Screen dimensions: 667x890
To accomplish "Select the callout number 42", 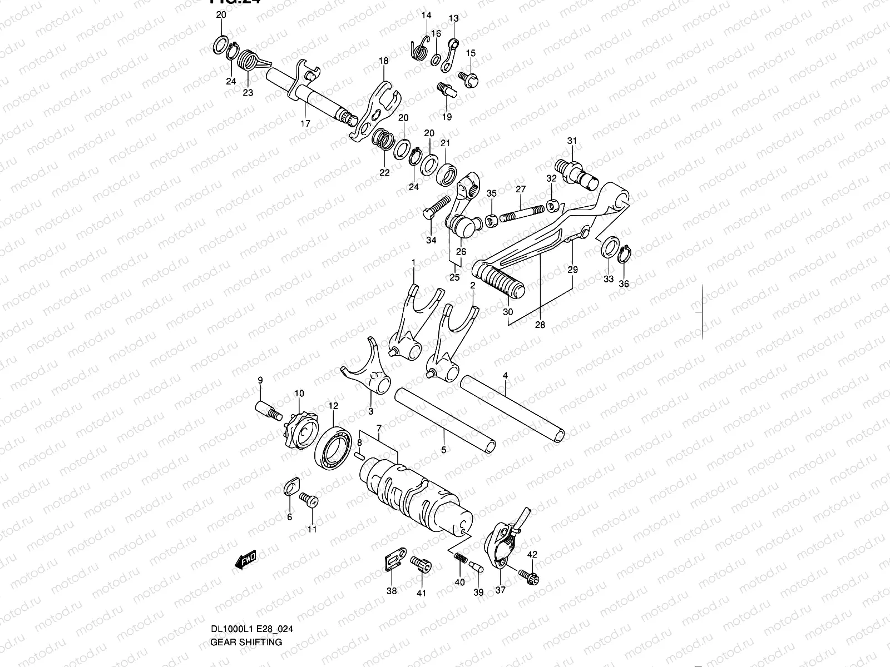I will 532,554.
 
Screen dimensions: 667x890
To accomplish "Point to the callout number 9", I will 260,380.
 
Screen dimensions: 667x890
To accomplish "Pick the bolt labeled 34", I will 437,205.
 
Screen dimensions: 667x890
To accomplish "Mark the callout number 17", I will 305,123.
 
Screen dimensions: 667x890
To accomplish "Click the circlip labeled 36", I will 625,253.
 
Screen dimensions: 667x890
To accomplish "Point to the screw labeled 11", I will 309,500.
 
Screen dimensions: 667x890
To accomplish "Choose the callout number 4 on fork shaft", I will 505,376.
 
